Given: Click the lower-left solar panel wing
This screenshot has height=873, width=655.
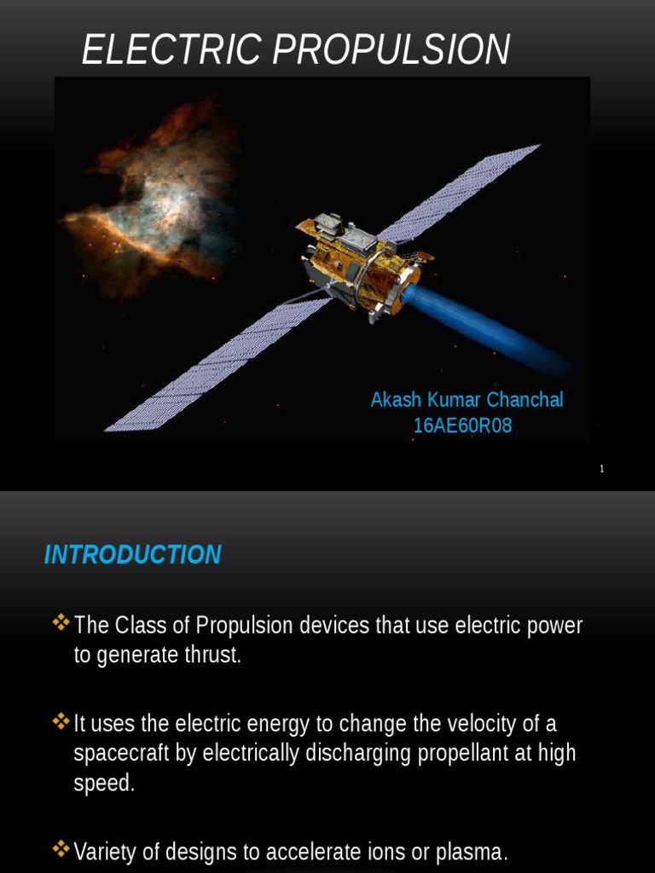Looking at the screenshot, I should tap(213, 367).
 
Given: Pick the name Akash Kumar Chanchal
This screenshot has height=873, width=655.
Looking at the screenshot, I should tap(467, 400).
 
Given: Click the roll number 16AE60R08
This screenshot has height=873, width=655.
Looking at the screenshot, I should tap(462, 426).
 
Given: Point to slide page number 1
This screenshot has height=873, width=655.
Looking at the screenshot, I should tap(602, 469).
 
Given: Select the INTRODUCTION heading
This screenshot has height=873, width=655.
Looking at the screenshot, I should tap(132, 555).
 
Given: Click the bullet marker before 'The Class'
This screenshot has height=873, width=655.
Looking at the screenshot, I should tap(61, 623).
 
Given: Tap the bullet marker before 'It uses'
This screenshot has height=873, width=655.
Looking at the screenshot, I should tap(61, 722).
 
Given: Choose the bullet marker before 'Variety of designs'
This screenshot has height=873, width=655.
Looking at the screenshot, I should tap(61, 849).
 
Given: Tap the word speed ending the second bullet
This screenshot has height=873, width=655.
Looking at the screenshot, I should tap(104, 783).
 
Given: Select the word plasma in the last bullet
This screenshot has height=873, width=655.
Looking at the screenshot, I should tap(473, 851).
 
